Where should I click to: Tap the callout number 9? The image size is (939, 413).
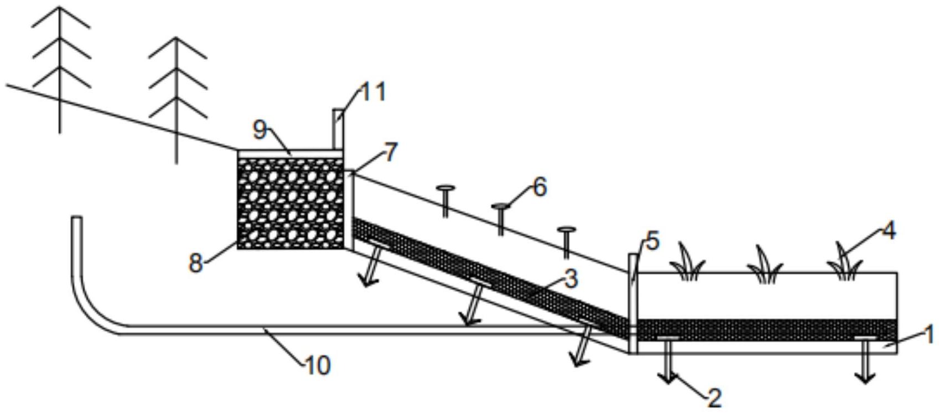click(x=260, y=130)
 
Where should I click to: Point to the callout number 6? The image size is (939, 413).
click(x=540, y=187)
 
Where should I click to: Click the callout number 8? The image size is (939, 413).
click(x=196, y=264)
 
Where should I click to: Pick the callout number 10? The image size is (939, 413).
click(x=318, y=365)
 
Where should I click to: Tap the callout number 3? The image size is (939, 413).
click(x=571, y=279)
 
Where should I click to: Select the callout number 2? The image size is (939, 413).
click(x=715, y=397)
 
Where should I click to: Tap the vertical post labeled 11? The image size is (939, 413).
click(x=339, y=130)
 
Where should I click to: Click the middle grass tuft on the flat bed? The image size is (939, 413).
click(x=766, y=265)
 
